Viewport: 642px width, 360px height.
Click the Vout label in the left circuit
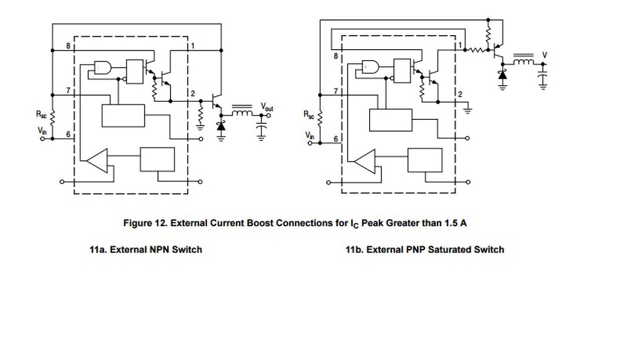pyautogui.click(x=266, y=107)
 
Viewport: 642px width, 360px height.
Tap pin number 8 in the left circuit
pyautogui.click(x=68, y=46)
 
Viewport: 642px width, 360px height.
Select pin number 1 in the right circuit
pyautogui.click(x=460, y=45)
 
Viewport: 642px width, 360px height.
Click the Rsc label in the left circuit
pyautogui.click(x=41, y=114)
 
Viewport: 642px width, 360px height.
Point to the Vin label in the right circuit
pyautogui.click(x=309, y=135)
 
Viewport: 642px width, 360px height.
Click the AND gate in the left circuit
pyautogui.click(x=102, y=68)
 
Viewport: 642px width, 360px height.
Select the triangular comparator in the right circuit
pyautogui.click(x=365, y=161)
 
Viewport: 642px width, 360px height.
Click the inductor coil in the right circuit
pyautogui.click(x=524, y=62)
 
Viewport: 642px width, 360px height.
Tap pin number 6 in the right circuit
pyautogui.click(x=336, y=139)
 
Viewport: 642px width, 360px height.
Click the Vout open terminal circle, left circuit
pyautogui.click(x=268, y=115)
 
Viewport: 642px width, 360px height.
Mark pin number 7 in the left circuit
pyautogui.click(x=68, y=90)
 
